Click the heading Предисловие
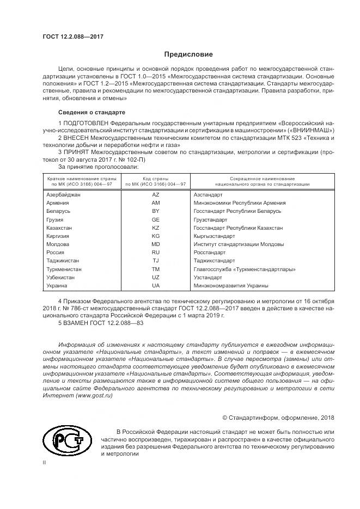coord(188,54)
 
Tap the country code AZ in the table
coord(155,194)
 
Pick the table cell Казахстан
coord(59,228)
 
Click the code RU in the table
coord(155,253)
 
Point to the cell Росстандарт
coord(209,253)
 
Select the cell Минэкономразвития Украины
coord(231,285)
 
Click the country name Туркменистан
coord(64,269)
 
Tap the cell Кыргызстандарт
coord(214,236)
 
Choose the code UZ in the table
coord(155,277)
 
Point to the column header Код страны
coord(155,179)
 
